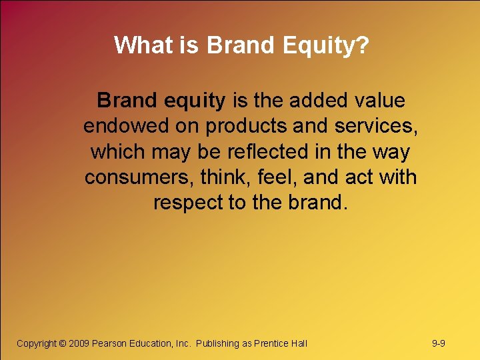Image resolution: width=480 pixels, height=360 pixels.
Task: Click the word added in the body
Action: coord(313,101)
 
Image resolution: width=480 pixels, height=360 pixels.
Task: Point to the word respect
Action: coord(188,203)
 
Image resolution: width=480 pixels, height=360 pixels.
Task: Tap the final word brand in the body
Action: coord(315,203)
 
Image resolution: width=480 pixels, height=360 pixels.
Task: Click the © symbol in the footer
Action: coord(63,343)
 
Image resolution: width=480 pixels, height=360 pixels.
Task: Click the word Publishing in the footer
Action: coord(217,343)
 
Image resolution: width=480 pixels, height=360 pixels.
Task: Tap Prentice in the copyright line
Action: coord(272,343)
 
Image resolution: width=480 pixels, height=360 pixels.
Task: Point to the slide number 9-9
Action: coord(439,343)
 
